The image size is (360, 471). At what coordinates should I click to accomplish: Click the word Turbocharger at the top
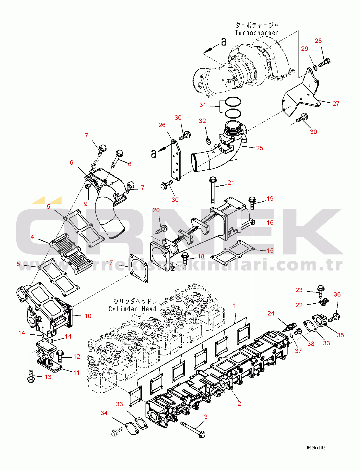(x=257, y=33)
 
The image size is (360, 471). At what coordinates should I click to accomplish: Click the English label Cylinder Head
(x=132, y=309)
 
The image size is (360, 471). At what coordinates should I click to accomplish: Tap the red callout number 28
(x=318, y=41)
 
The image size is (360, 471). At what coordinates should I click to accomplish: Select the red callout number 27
(x=336, y=104)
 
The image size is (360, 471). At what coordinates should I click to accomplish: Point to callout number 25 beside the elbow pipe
(x=259, y=148)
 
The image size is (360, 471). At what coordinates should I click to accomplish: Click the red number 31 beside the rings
(x=203, y=105)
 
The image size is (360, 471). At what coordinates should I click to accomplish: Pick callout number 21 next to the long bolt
(x=231, y=183)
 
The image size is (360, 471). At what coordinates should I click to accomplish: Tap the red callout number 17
(x=109, y=263)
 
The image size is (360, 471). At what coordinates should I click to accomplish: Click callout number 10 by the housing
(x=88, y=316)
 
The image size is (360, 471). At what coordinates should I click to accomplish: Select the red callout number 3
(x=206, y=417)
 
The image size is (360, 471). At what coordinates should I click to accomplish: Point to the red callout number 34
(x=104, y=413)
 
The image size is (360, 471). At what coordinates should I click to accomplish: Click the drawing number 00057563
(x=316, y=448)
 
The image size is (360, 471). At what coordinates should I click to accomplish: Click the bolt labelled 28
(x=325, y=62)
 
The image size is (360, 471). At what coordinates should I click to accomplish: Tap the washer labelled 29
(x=315, y=68)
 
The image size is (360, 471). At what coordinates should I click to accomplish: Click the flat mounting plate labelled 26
(x=175, y=160)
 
